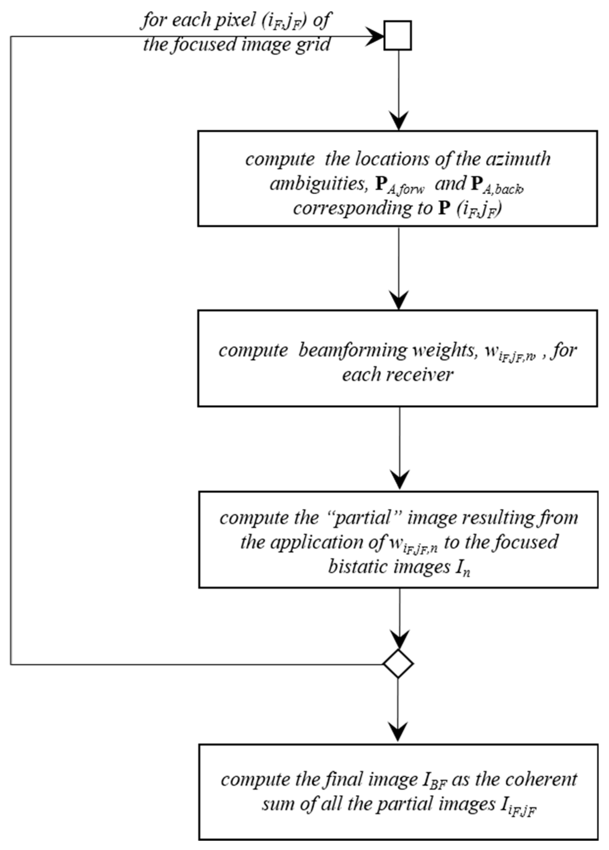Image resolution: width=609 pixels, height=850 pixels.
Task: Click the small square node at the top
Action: coord(397,36)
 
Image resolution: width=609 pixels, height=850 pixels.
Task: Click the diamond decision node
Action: coord(398,663)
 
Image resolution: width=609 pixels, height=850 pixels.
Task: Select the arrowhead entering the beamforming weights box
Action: coord(399,300)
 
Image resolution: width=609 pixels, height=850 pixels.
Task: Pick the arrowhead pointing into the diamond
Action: coord(399,641)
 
